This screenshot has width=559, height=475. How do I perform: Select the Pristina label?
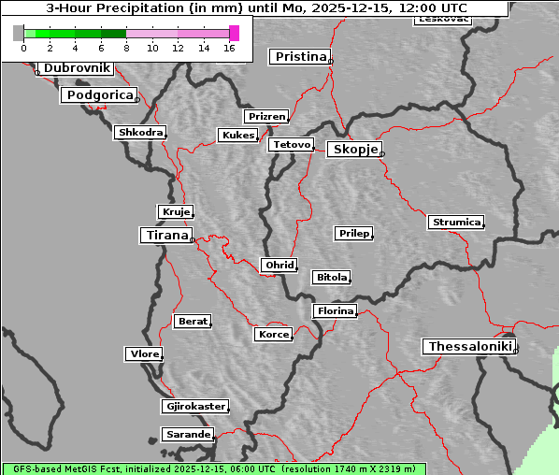pyautogui.click(x=301, y=57)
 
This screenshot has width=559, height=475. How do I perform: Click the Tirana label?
pyautogui.click(x=166, y=236)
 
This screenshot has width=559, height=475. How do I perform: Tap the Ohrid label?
pyautogui.click(x=279, y=266)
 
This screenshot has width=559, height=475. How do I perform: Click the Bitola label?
pyautogui.click(x=331, y=277)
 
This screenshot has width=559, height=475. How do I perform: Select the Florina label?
pyautogui.click(x=336, y=310)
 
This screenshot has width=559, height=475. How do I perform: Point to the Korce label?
pyautogui.click(x=273, y=334)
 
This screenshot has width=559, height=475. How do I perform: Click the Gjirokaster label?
pyautogui.click(x=194, y=407)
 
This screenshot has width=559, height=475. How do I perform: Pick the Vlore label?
pyautogui.click(x=144, y=353)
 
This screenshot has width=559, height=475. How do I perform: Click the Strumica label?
pyautogui.click(x=456, y=223)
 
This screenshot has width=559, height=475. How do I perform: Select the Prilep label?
pyautogui.click(x=353, y=233)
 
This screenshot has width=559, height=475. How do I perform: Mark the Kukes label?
pyautogui.click(x=237, y=136)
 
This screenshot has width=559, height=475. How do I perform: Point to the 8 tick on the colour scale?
pyautogui.click(x=126, y=48)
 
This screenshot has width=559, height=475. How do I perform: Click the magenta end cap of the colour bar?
pyautogui.click(x=234, y=33)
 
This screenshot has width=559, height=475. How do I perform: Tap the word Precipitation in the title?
pyautogui.click(x=138, y=8)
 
